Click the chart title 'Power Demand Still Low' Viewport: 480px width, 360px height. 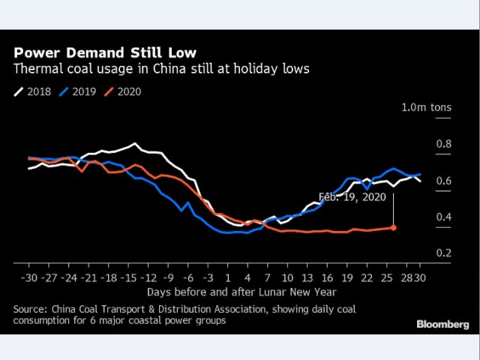pos(105,53)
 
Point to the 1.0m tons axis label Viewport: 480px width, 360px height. pos(427,108)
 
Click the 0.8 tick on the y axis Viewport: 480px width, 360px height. pos(444,144)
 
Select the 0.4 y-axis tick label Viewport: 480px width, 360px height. pos(444,217)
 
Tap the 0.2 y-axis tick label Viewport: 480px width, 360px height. pos(444,253)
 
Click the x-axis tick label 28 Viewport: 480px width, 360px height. pos(405,277)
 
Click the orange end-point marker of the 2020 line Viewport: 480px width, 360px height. pos(394,227)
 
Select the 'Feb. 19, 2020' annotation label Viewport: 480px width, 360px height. pos(352,197)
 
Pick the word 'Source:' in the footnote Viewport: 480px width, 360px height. pos(31,309)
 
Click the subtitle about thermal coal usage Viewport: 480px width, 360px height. pos(161,70)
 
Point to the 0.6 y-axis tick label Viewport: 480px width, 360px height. pos(444,181)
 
